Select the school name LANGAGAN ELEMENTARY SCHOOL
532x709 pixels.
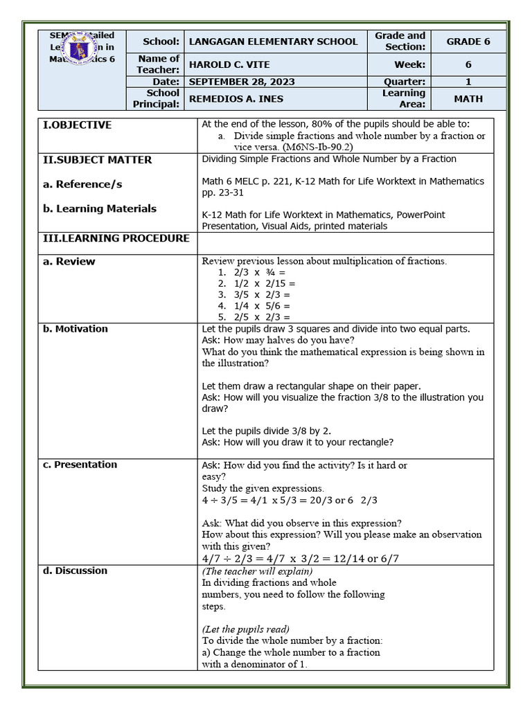click(273, 42)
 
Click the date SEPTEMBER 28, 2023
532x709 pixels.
click(241, 82)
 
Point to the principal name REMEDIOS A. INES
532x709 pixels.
click(236, 99)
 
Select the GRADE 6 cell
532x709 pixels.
click(468, 42)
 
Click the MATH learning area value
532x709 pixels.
click(468, 99)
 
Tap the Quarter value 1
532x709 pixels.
click(468, 82)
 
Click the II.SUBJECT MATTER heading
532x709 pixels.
click(98, 160)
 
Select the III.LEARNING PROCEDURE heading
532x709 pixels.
click(116, 238)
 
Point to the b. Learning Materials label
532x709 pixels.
click(100, 208)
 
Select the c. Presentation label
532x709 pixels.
click(80, 465)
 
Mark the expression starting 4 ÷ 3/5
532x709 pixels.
click(290, 500)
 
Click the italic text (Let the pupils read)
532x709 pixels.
click(246, 629)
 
